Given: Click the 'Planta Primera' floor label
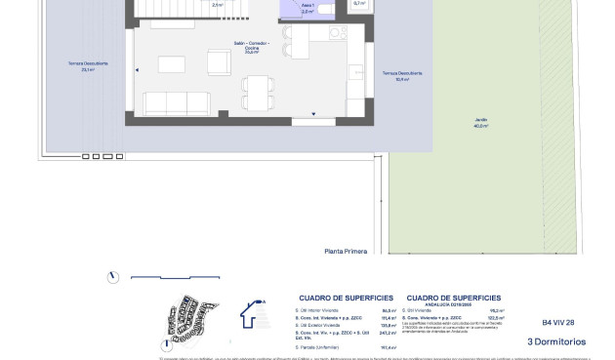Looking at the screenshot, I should [346, 251].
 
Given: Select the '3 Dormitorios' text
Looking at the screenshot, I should [555, 341].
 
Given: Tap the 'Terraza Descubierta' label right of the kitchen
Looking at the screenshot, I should [394, 76].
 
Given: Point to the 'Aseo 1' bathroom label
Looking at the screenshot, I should [307, 5].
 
